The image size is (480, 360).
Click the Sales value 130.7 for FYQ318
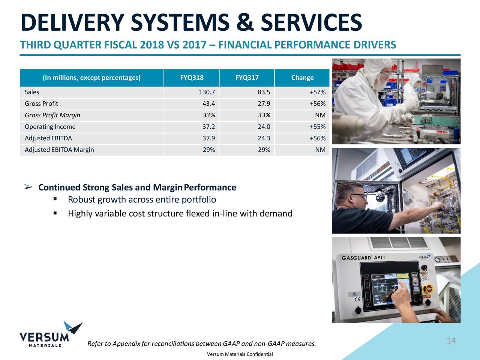tap(207, 92)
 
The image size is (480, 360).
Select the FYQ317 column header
tap(247, 78)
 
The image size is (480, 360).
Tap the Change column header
tap(302, 78)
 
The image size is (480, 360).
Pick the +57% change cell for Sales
tap(317, 92)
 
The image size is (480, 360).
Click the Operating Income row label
tap(50, 127)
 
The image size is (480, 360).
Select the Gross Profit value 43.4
tap(208, 104)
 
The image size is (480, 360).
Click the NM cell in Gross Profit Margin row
tap(320, 115)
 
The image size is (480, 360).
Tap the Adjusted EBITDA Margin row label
tap(59, 150)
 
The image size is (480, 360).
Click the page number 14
tap(451, 340)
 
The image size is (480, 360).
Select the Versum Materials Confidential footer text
tap(240, 354)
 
